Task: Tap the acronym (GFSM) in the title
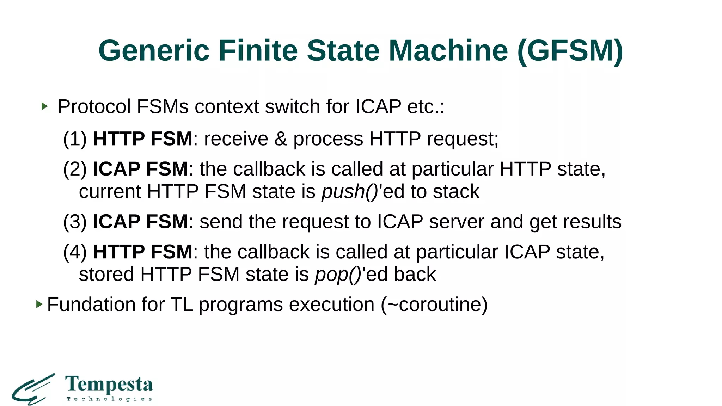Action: click(570, 51)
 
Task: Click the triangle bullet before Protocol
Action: click(44, 106)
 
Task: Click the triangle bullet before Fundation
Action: click(39, 304)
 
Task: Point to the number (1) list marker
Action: click(75, 139)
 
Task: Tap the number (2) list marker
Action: click(75, 169)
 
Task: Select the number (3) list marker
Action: click(75, 222)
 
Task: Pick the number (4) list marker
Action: click(75, 252)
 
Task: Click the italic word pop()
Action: click(338, 275)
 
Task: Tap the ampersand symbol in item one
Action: click(281, 139)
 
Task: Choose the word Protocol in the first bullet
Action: click(94, 106)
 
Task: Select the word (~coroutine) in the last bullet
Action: click(434, 304)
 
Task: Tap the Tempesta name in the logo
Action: click(109, 385)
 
